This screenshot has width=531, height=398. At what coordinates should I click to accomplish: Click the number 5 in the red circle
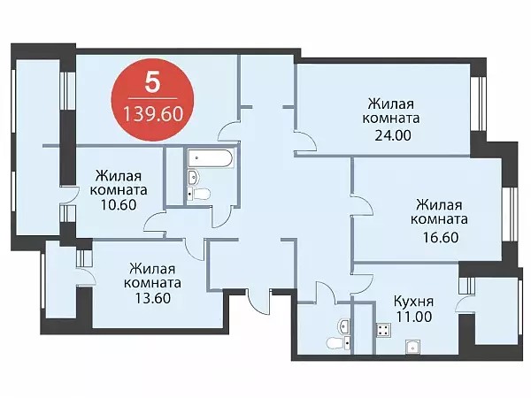(152, 82)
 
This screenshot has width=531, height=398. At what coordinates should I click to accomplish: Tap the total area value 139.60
(153, 114)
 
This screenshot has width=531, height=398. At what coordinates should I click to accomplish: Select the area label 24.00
(393, 135)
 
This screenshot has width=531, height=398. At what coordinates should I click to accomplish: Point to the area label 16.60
(441, 237)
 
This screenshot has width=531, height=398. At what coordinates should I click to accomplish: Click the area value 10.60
(119, 205)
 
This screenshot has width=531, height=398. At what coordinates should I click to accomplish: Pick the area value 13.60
(152, 298)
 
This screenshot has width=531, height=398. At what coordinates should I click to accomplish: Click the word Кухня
(413, 302)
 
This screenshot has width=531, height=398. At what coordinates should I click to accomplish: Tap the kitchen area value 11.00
(414, 317)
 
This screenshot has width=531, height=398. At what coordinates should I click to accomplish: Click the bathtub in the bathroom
(210, 158)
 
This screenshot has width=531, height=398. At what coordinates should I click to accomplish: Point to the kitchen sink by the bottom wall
(412, 347)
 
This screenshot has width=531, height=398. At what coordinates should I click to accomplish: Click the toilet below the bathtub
(199, 194)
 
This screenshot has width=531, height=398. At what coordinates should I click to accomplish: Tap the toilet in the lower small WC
(338, 343)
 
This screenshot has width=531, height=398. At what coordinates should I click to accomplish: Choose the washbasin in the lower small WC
(344, 326)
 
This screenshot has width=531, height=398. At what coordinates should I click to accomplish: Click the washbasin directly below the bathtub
(193, 177)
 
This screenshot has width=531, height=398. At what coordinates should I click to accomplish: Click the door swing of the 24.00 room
(305, 142)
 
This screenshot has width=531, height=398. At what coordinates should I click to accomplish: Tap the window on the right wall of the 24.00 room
(479, 103)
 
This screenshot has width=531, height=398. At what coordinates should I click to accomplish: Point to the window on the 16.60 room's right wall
(510, 214)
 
